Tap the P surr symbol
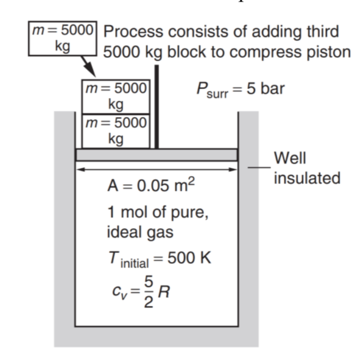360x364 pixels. coord(211,90)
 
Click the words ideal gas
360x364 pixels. coord(140,232)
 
